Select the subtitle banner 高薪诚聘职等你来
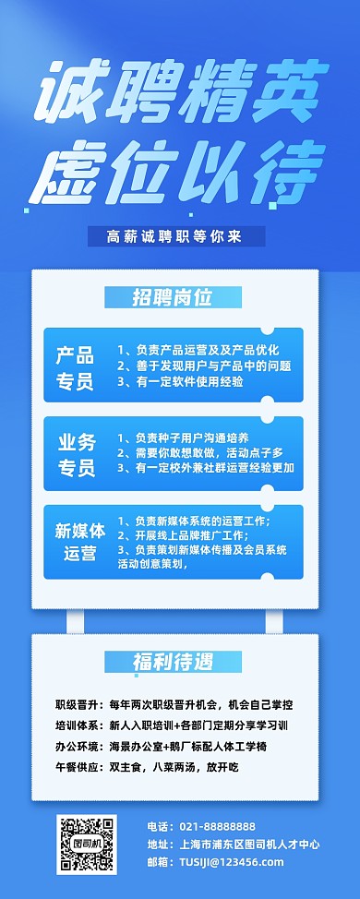pos(175,236)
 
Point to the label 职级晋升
pos(77,704)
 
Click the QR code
pos(88,845)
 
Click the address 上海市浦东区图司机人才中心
pos(246,845)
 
